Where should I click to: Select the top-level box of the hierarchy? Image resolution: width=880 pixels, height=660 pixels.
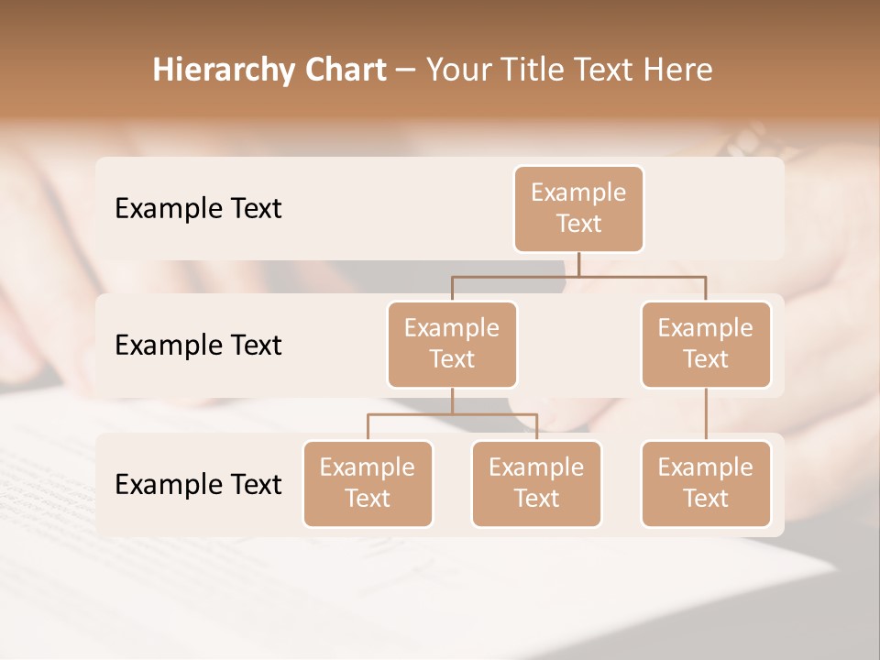pyautogui.click(x=578, y=209)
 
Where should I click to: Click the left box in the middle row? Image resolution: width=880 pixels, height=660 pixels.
pyautogui.click(x=452, y=345)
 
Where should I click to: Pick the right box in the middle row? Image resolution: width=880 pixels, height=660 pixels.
pyautogui.click(x=706, y=345)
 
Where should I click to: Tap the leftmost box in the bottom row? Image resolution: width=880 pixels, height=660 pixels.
pyautogui.click(x=368, y=484)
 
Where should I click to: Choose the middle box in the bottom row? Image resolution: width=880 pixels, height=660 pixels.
pyautogui.click(x=536, y=484)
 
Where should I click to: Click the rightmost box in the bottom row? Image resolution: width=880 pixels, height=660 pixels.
pyautogui.click(x=706, y=484)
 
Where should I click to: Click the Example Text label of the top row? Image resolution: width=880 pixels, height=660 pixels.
pyautogui.click(x=198, y=209)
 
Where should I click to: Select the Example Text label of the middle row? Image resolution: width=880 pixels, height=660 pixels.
pyautogui.click(x=198, y=346)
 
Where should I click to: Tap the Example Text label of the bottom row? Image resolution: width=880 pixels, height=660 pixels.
pyautogui.click(x=198, y=485)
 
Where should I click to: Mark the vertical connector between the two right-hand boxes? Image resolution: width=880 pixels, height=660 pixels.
pyautogui.click(x=706, y=414)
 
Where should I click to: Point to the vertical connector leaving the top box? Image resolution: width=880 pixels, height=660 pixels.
pyautogui.click(x=578, y=264)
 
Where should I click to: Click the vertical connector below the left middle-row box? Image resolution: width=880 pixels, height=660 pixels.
pyautogui.click(x=452, y=401)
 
